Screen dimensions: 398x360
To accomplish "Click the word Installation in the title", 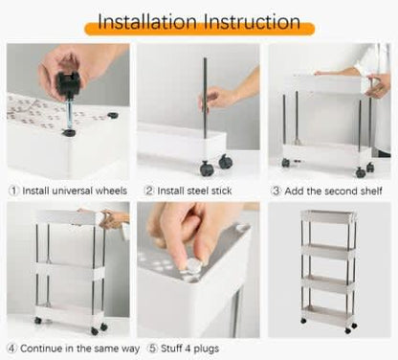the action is pos(147,22).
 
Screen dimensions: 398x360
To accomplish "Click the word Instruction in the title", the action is pos(252,22).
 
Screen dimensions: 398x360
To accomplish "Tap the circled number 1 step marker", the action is pos(13,191).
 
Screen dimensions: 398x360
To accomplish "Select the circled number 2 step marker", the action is pos(149,191).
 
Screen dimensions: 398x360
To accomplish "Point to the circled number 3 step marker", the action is pos(276,191).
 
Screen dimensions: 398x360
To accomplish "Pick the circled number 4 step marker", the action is pos(11,349).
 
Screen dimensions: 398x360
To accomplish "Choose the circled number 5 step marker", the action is pos(152,349).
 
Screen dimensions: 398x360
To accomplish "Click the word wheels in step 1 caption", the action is pos(111,191).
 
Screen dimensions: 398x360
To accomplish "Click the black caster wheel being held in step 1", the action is pos(69,83).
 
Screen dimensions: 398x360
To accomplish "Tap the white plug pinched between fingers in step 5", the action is pos(191,266).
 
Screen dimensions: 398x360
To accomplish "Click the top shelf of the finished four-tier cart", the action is pos(328,217).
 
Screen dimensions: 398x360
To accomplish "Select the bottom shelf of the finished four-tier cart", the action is pos(328,313).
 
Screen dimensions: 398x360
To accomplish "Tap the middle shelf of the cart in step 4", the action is pos(70,271).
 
